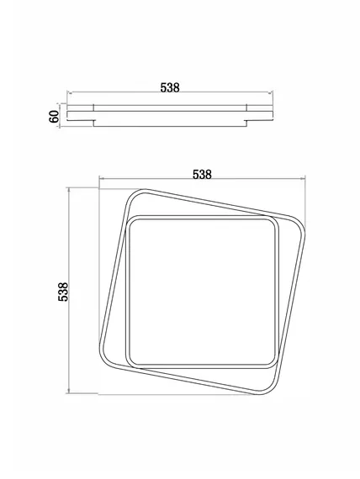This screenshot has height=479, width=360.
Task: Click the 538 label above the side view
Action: coord(170,87)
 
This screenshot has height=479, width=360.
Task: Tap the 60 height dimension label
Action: coord(54,117)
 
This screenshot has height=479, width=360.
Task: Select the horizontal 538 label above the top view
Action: coord(202,175)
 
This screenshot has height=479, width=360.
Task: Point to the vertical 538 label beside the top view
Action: coord(63,292)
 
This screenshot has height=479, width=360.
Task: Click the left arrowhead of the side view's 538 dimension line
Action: coord(69,92)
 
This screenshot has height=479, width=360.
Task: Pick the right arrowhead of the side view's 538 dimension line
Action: coord(270,92)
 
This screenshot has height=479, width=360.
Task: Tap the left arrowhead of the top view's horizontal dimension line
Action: coord(101,179)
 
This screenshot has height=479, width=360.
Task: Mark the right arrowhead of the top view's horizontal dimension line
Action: coord(303,179)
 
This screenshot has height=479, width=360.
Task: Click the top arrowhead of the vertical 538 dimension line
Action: coord(68,191)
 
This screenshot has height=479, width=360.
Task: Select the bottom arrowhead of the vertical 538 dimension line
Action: coord(68,391)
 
